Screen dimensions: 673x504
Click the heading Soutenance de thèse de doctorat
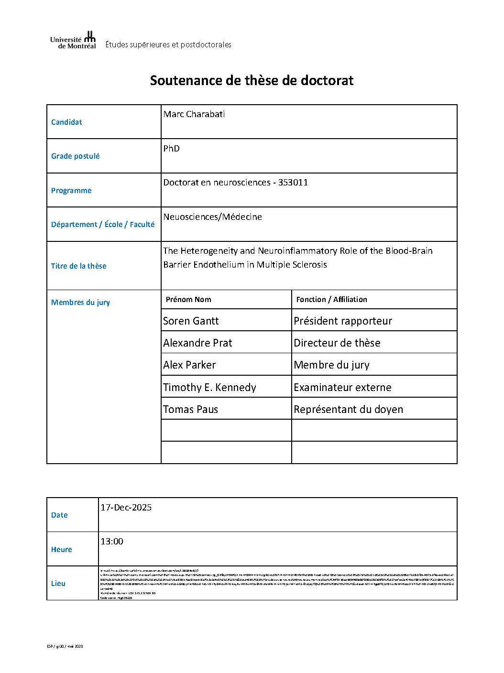[252, 80]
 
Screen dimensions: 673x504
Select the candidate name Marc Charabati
[194, 114]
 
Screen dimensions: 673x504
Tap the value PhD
[171, 149]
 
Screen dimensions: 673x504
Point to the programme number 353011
[293, 183]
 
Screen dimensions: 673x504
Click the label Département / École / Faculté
[103, 224]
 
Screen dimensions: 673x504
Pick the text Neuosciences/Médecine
[212, 217]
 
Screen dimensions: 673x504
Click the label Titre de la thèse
[78, 266]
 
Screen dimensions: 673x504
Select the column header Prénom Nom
[188, 300]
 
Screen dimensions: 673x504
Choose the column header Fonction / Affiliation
[331, 300]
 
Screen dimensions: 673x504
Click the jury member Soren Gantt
[191, 321]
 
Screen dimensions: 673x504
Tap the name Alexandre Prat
[197, 343]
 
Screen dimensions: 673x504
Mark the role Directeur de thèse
[337, 343]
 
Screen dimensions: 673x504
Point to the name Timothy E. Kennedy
[209, 387]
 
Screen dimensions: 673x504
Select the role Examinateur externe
[342, 387]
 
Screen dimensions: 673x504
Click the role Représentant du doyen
[348, 409]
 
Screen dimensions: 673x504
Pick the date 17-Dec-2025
[126, 508]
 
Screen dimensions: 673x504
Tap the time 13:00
[112, 542]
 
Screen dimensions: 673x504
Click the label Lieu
[58, 584]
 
